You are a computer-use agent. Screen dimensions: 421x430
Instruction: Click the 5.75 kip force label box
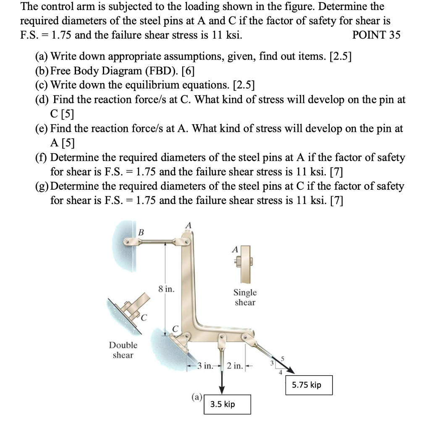[x=309, y=385]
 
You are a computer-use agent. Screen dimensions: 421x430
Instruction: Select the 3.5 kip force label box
[x=227, y=404]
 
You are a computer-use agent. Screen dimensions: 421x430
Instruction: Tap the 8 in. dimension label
[x=167, y=289]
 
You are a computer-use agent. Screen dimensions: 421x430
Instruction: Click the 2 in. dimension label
[x=235, y=366]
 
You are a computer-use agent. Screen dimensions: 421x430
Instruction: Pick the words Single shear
[x=245, y=297]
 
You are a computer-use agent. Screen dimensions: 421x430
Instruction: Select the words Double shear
[x=123, y=350]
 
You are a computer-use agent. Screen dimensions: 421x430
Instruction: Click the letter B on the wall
[x=141, y=232]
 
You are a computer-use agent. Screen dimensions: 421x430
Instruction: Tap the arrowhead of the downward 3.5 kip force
[x=222, y=388]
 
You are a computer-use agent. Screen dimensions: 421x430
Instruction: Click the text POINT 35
[x=376, y=35]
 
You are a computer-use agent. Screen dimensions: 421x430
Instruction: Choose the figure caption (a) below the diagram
[x=197, y=397]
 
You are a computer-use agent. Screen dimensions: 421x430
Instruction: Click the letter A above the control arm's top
[x=189, y=226]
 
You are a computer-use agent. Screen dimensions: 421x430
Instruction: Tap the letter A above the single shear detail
[x=235, y=250]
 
